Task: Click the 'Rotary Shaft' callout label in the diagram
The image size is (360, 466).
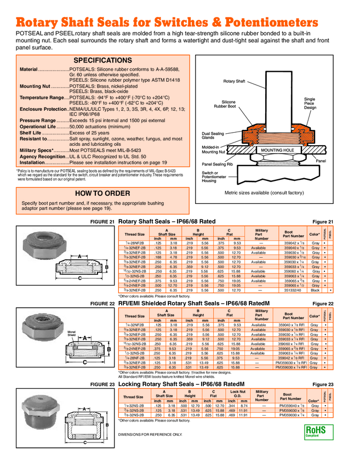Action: (x=234, y=81)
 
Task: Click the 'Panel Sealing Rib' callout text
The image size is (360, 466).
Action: (x=218, y=163)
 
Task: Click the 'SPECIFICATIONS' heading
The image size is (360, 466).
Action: (x=102, y=60)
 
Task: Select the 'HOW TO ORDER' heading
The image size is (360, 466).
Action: (x=102, y=194)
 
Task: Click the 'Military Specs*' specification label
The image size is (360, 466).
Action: (x=37, y=150)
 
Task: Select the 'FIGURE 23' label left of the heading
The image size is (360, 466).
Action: (x=102, y=385)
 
